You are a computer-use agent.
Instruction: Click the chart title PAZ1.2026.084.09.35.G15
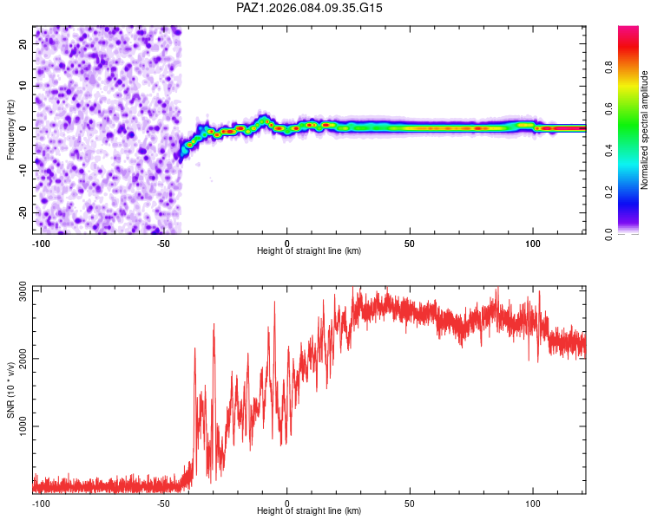[x=310, y=8]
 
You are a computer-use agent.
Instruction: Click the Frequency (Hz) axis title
[x=10, y=129]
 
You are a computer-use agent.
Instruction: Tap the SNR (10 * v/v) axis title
[x=10, y=390]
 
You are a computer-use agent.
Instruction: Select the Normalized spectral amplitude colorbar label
[x=644, y=130]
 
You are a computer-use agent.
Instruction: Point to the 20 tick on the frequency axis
[x=23, y=42]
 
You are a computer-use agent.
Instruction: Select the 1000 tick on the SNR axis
[x=17, y=426]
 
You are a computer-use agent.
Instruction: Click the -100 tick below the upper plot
[x=40, y=242]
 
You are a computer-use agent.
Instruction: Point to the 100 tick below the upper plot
[x=532, y=242]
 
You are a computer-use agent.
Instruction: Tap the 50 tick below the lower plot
[x=409, y=503]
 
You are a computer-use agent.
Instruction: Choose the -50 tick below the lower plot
[x=163, y=503]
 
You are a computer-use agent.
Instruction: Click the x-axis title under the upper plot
[x=309, y=250]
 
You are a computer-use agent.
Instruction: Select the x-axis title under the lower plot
[x=309, y=511]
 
